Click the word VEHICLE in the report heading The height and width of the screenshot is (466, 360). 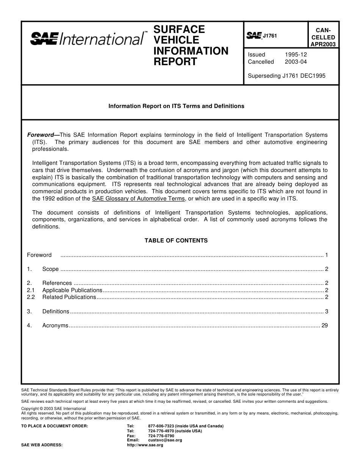click(x=176, y=40)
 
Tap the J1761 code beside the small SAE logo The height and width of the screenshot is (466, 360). click(x=270, y=36)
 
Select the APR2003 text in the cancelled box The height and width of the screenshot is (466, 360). click(x=323, y=44)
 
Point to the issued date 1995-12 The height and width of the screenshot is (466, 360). click(x=296, y=55)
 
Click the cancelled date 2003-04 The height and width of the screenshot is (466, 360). click(x=296, y=62)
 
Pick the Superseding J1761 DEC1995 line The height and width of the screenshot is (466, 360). click(x=286, y=76)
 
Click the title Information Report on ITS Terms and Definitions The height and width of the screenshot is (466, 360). click(x=176, y=106)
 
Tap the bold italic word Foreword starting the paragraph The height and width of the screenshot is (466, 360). click(x=41, y=135)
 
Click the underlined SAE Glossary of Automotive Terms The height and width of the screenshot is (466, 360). click(x=138, y=199)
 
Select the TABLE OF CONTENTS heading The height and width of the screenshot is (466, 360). click(x=176, y=241)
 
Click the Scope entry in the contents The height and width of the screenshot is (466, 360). click(x=50, y=269)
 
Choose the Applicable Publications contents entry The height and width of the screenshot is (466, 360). click(x=72, y=290)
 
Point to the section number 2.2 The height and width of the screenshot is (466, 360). click(x=31, y=297)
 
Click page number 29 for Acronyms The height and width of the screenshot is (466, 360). click(x=324, y=325)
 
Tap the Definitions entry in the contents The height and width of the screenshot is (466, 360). click(x=56, y=311)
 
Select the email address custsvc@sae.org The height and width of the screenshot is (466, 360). click(x=165, y=440)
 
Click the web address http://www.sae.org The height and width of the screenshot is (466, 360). click(x=145, y=445)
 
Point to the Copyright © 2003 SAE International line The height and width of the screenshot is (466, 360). click(x=54, y=409)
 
